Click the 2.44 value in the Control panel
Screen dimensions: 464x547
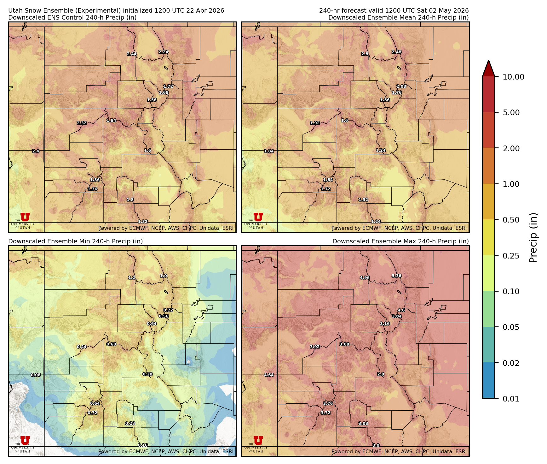[x=132, y=54]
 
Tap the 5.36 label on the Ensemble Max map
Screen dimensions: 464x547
[x=396, y=276]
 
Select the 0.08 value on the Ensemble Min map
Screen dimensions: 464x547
[x=36, y=375]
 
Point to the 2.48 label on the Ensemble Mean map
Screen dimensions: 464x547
[x=396, y=52]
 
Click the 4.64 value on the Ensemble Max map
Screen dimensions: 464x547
[x=269, y=375]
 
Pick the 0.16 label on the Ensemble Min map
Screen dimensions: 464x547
[x=143, y=445]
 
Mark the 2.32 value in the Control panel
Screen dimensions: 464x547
[x=82, y=123]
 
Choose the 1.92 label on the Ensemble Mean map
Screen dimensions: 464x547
[x=315, y=123]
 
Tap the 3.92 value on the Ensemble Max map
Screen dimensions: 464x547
[x=315, y=347]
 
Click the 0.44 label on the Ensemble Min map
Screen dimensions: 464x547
[x=82, y=347]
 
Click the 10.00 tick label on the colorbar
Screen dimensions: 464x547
[x=513, y=77]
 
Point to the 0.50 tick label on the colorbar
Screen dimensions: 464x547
[x=511, y=220]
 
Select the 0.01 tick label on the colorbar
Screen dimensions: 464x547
[x=511, y=399]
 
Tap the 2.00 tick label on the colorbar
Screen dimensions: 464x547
[x=511, y=148]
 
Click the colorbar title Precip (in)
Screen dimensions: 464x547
[x=533, y=238]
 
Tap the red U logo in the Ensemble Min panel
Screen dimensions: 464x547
[x=25, y=440]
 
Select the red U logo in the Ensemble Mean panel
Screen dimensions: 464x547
[x=258, y=217]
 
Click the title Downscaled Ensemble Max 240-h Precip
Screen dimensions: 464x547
[x=400, y=241]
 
